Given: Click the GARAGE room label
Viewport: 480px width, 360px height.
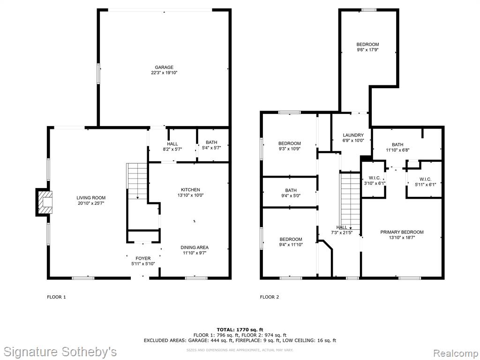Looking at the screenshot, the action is click(164, 67).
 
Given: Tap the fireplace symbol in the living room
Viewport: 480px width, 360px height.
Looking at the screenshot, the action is click(45, 202).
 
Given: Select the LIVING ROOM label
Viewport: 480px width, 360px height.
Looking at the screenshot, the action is click(91, 198).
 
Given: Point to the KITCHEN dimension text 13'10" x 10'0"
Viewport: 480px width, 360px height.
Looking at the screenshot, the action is click(190, 195).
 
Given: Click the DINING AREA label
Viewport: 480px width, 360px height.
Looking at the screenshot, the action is click(195, 247).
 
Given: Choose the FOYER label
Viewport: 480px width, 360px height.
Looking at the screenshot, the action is click(143, 258).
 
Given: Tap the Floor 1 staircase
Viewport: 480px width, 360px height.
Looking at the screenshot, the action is click(137, 181).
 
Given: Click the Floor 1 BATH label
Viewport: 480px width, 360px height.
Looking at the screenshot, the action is click(211, 142).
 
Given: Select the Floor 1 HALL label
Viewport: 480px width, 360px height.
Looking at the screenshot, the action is click(172, 144).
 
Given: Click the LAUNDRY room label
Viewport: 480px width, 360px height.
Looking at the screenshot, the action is click(353, 135).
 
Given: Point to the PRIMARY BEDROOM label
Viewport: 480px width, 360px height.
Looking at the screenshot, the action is click(402, 232).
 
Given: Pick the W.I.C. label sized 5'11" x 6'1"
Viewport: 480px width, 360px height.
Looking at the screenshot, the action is click(426, 179).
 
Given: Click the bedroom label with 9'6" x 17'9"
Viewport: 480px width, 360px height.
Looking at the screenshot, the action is click(367, 45).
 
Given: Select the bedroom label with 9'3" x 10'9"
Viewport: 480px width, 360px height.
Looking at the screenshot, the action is click(289, 143).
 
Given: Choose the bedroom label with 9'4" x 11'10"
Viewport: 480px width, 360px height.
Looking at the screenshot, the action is click(291, 239).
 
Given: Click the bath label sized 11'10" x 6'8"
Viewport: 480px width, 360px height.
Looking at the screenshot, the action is click(397, 144).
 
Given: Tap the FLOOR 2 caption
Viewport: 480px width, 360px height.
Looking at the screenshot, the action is click(270, 297).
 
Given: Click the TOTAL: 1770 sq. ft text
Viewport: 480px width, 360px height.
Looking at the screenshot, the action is click(240, 330).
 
